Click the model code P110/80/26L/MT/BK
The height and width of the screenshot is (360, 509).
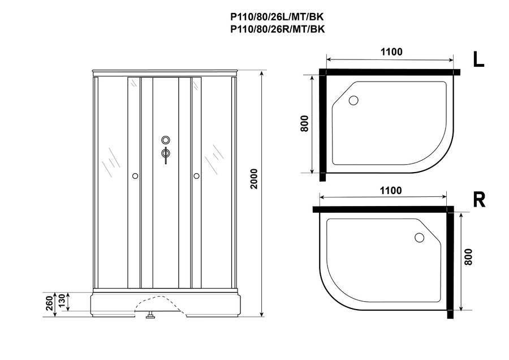coord(277,16)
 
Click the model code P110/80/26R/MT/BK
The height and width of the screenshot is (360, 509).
coord(277,29)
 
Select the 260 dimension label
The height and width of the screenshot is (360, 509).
coord(49,303)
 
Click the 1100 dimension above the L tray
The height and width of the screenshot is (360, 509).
coord(391,52)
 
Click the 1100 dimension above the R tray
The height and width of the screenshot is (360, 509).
coord(391,190)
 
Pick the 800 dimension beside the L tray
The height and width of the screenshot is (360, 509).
coord(304,123)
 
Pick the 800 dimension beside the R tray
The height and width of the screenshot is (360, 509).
coord(468,256)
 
